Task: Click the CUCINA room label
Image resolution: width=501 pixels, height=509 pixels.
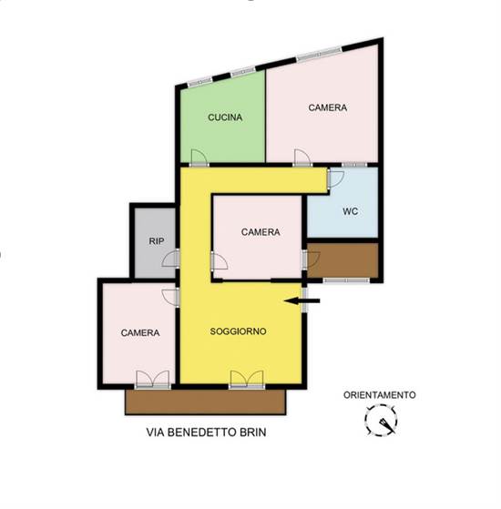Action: [x=225, y=117]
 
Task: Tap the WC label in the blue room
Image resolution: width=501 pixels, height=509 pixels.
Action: [x=351, y=211]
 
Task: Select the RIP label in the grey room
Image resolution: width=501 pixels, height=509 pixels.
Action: [x=157, y=241]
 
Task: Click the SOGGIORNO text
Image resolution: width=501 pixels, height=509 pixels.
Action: [x=239, y=331]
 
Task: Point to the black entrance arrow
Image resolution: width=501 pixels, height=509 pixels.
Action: [x=302, y=301]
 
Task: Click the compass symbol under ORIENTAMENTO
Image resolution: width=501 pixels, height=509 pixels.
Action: [x=381, y=420]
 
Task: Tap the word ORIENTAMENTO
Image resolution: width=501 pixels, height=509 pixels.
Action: [x=380, y=395]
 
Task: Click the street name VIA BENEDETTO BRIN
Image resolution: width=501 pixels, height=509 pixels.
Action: [x=206, y=433]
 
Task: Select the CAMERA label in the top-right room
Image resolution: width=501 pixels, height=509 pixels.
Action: [x=328, y=107]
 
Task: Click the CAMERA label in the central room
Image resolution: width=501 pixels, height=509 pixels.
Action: [x=261, y=232]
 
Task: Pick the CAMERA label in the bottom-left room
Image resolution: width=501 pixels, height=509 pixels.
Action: [x=140, y=332]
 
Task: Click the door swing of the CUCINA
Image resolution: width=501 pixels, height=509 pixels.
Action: [x=199, y=158]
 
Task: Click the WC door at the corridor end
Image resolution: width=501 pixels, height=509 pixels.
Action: [x=336, y=179]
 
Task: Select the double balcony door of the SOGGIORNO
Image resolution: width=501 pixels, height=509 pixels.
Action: [x=247, y=379]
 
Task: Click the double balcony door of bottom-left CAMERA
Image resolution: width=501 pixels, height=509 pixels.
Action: [x=153, y=379]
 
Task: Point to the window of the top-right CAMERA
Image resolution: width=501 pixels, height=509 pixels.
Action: [x=320, y=54]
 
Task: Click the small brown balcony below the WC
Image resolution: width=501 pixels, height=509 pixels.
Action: [x=343, y=260]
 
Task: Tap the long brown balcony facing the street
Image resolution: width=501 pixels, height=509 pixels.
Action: [x=206, y=402]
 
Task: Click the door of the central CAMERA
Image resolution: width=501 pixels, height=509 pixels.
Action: [x=220, y=261]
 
